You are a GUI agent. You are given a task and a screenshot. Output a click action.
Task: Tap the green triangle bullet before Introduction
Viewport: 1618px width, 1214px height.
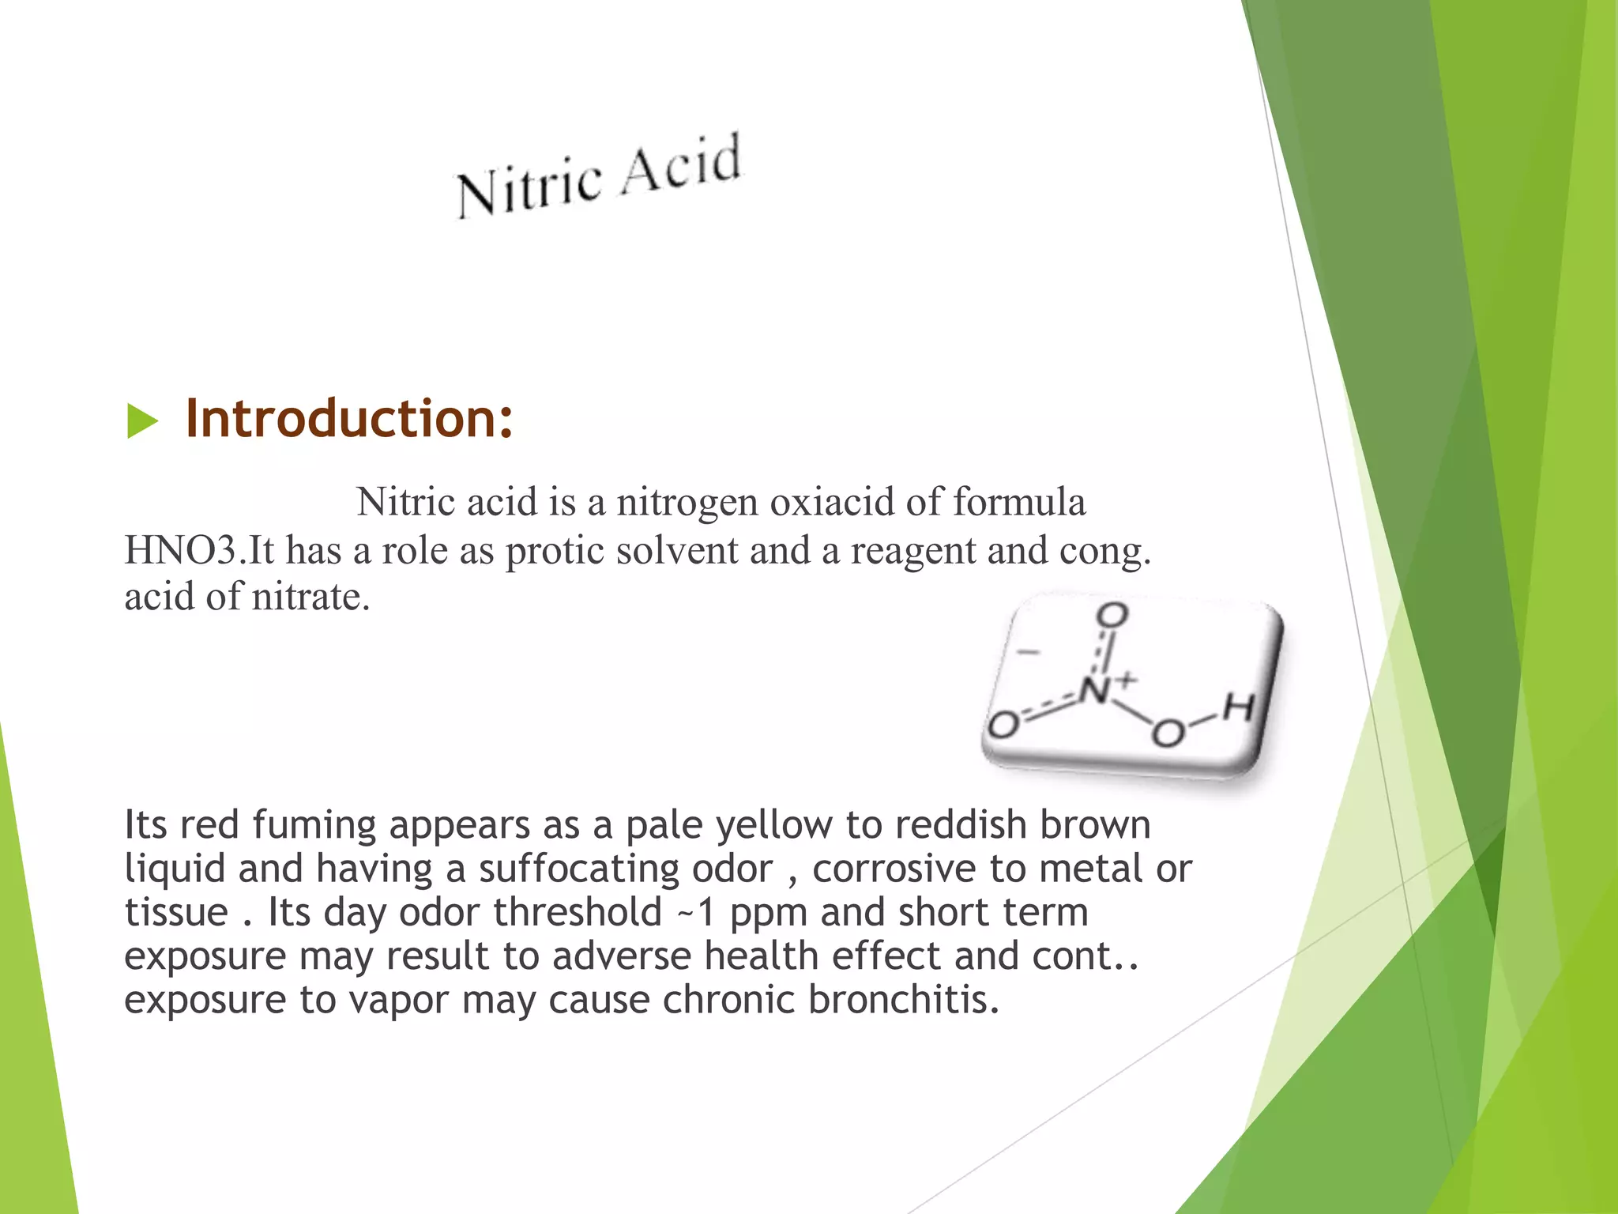(x=141, y=420)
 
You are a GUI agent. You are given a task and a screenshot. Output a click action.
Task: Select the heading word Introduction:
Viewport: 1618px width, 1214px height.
(x=348, y=418)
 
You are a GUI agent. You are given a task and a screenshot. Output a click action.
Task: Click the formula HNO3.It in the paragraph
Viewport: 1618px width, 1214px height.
(x=200, y=550)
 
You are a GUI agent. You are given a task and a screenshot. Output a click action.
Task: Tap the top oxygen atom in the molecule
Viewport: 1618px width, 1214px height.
(x=1113, y=615)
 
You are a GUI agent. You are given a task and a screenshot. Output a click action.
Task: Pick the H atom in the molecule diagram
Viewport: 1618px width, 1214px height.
(x=1239, y=707)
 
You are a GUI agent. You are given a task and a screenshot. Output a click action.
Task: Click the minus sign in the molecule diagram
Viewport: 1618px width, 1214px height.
(x=1028, y=652)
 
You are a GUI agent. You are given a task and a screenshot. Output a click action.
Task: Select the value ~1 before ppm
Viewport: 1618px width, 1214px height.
(x=696, y=913)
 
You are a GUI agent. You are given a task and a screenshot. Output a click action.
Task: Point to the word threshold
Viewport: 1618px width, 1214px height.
(x=578, y=912)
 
